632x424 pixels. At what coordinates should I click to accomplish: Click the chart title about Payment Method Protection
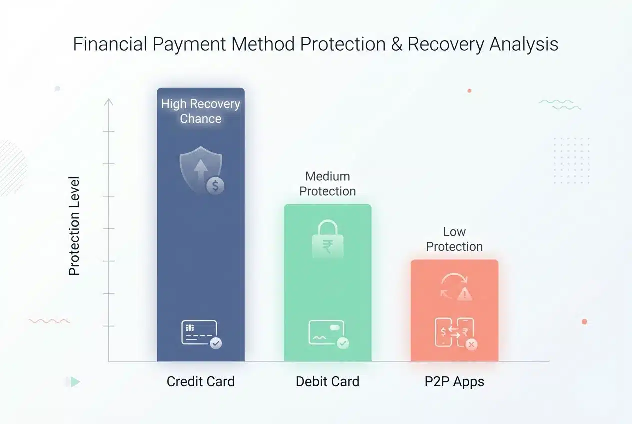(315, 44)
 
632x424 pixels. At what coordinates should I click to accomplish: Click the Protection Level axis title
(74, 225)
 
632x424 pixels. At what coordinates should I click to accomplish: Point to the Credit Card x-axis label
(200, 382)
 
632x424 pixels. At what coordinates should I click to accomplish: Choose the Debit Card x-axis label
(327, 382)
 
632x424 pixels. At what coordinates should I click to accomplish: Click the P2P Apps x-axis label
(454, 382)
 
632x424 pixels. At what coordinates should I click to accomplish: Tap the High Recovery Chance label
(200, 111)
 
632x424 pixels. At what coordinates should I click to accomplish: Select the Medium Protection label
(327, 184)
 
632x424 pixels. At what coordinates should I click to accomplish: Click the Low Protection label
(454, 239)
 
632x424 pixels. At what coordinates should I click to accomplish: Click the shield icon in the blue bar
(201, 170)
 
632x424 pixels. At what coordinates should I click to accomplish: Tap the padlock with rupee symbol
(327, 239)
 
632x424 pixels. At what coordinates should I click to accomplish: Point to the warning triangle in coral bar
(465, 294)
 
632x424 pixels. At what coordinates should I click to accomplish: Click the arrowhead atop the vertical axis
(109, 101)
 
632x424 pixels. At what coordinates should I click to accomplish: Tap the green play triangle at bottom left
(75, 382)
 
